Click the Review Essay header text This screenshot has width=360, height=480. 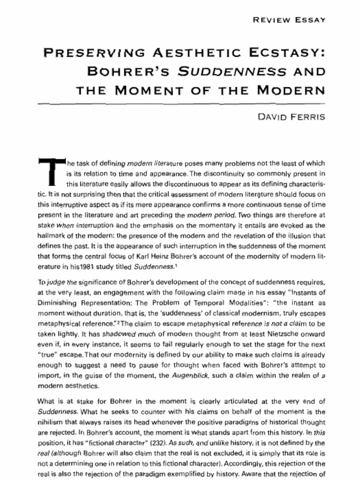tap(289, 20)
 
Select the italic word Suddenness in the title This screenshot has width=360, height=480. tap(232, 71)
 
